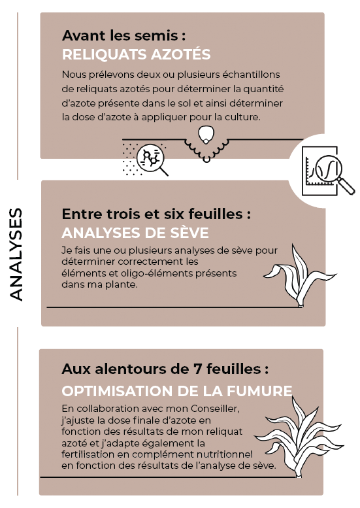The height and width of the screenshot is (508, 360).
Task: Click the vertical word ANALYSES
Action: pyautogui.click(x=16, y=254)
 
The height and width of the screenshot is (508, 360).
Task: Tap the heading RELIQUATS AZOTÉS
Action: pyautogui.click(x=137, y=54)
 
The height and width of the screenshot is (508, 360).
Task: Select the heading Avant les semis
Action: pyautogui.click(x=123, y=36)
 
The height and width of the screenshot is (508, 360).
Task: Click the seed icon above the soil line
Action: pyautogui.click(x=206, y=135)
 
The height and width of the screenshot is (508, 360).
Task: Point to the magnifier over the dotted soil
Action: pyautogui.click(x=151, y=160)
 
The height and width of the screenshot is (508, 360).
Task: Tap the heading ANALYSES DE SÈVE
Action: pyautogui.click(x=135, y=233)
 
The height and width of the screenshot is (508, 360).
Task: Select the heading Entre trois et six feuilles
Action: pyautogui.click(x=156, y=214)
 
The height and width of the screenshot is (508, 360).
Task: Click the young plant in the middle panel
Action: pyautogui.click(x=299, y=275)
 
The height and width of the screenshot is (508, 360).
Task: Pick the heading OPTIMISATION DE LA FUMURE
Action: pyautogui.click(x=177, y=391)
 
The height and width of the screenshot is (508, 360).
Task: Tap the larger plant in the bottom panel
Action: pyautogui.click(x=299, y=437)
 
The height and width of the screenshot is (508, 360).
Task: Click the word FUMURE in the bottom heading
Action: pyautogui.click(x=259, y=391)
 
